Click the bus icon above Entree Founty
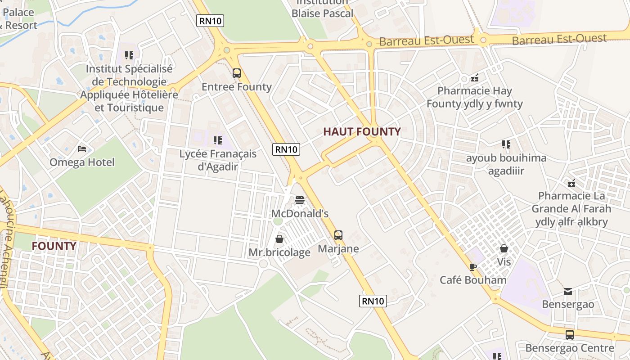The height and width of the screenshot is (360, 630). (237, 73)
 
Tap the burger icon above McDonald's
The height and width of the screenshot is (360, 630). (300, 200)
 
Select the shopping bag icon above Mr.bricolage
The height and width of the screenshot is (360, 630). (279, 239)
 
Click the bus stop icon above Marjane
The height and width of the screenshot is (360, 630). (338, 235)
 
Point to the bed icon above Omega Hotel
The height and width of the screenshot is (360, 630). (82, 148)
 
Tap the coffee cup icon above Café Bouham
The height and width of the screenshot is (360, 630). (472, 267)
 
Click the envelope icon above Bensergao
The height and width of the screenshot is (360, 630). (568, 291)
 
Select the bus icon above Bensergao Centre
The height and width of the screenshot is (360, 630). (570, 334)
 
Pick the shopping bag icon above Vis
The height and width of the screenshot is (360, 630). (504, 248)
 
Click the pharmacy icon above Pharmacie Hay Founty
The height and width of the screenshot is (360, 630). (474, 77)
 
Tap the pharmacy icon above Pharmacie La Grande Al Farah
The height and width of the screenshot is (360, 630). (571, 183)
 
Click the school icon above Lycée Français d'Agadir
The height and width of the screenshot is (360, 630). (218, 140)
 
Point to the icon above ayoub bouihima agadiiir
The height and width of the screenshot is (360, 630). (506, 144)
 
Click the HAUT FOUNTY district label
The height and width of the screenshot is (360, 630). (362, 132)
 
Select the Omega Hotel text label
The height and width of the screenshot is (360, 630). (82, 162)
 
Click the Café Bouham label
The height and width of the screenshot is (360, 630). (473, 280)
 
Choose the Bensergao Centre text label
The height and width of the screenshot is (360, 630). (570, 348)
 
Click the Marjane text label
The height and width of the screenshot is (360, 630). (338, 249)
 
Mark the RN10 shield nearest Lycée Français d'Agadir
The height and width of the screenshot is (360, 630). (286, 149)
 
